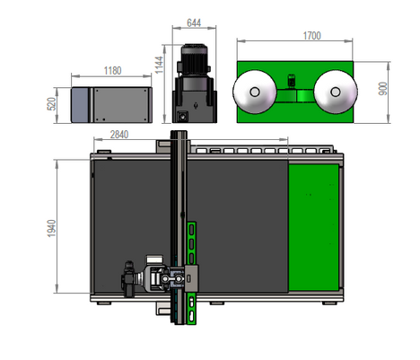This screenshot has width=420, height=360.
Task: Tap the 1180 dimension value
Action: pyautogui.click(x=112, y=69)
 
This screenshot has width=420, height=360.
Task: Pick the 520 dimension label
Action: pyautogui.click(x=51, y=104)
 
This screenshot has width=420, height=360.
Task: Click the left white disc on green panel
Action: pyautogui.click(x=252, y=92)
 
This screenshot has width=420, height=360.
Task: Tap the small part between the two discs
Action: pyautogui.click(x=293, y=87)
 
